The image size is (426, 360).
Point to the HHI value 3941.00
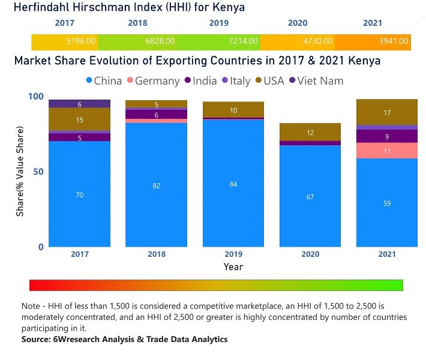click(x=394, y=41)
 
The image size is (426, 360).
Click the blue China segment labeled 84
click(x=233, y=184)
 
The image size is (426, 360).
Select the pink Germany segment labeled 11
click(x=387, y=151)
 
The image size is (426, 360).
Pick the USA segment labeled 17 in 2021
click(x=387, y=112)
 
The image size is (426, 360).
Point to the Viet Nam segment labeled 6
click(x=80, y=104)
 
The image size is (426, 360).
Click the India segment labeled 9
click(x=387, y=136)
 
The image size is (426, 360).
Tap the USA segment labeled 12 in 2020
click(x=310, y=133)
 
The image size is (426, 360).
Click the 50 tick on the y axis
click(x=37, y=172)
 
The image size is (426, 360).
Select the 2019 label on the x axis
click(x=233, y=254)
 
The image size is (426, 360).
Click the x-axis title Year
click(x=233, y=266)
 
